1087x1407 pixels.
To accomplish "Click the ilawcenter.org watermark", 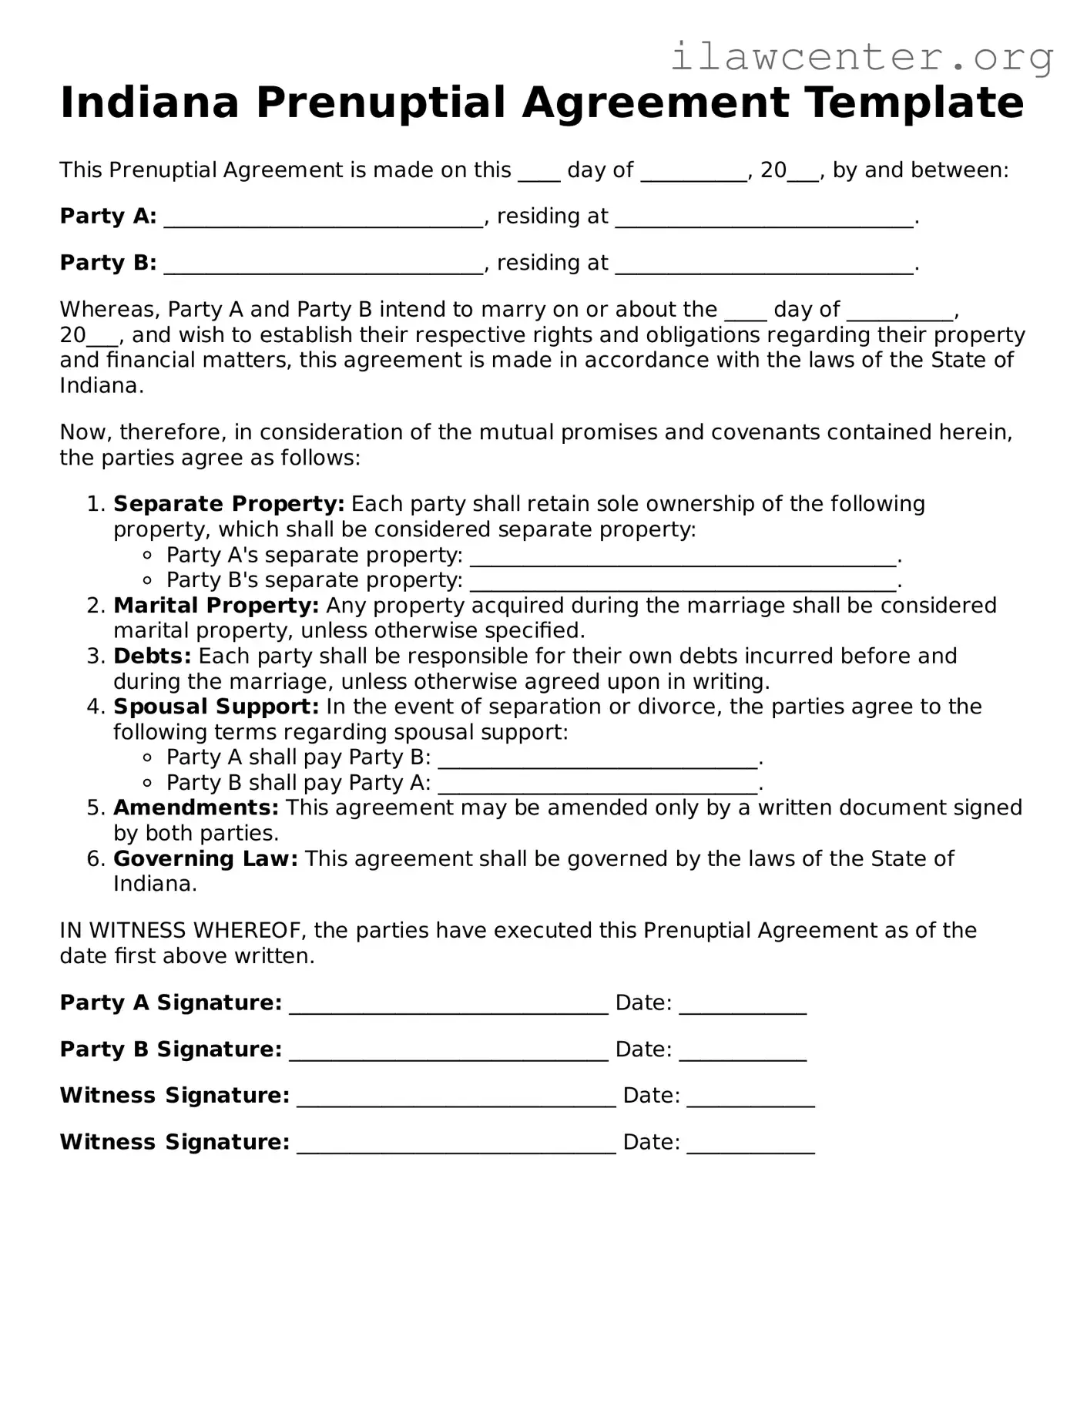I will click(x=861, y=57).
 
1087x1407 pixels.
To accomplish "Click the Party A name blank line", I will click(x=324, y=218).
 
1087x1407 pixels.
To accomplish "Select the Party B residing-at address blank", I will click(x=764, y=264).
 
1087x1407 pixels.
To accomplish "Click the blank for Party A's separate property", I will click(x=683, y=556).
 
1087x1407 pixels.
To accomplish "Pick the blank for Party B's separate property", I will click(x=683, y=582).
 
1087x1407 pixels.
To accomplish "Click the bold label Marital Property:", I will click(x=216, y=606).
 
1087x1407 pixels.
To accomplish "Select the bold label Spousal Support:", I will click(x=216, y=707).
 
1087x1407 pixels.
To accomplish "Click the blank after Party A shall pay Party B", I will click(x=598, y=759).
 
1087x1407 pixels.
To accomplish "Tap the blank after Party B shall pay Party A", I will click(x=598, y=784).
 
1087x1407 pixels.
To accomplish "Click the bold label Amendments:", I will click(x=196, y=808).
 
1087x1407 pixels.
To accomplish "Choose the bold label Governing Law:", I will click(x=205, y=858).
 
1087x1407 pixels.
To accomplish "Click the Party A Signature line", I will click(x=448, y=1005).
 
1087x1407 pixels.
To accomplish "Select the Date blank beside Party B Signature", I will click(x=743, y=1051).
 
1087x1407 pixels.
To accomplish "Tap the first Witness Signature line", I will click(x=456, y=1097).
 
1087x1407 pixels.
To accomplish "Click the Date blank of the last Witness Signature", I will click(x=750, y=1143).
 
